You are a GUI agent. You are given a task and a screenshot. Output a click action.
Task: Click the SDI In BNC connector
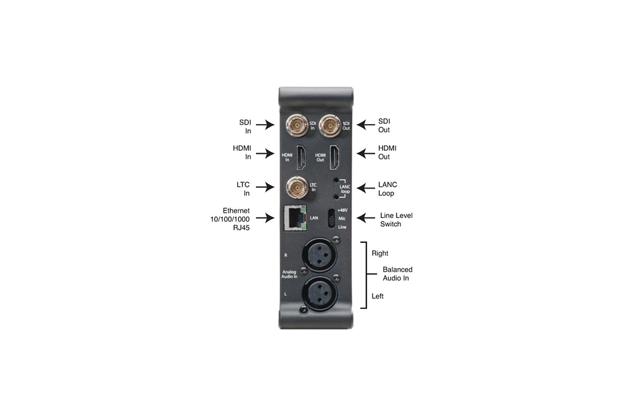[x=297, y=126]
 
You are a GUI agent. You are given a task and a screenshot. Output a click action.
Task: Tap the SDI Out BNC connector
[x=330, y=126]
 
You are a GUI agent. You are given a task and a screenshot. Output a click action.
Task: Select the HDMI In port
[x=301, y=157]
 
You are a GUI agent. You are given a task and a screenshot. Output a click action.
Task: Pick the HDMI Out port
[x=334, y=157]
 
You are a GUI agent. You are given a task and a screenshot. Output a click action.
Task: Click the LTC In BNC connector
[x=297, y=188]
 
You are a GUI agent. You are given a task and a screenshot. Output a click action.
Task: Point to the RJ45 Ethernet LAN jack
[x=295, y=218]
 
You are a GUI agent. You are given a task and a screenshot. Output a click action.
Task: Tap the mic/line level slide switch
[x=332, y=218]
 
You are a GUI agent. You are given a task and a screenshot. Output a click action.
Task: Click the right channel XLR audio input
[x=320, y=255]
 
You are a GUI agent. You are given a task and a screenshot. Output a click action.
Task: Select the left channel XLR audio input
[x=320, y=293]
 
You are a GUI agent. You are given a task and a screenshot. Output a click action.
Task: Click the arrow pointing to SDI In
[x=265, y=125]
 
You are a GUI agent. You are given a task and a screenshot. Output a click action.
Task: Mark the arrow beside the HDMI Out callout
[x=366, y=153]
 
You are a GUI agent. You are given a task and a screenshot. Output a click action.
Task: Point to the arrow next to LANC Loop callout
[x=366, y=188]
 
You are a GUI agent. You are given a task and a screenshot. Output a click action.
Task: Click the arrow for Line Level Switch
[x=366, y=218]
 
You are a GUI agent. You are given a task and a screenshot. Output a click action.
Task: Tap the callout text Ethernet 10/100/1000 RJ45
[x=230, y=219]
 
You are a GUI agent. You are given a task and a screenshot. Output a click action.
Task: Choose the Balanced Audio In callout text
[x=398, y=274]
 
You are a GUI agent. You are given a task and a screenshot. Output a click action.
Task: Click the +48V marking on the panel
[x=342, y=210]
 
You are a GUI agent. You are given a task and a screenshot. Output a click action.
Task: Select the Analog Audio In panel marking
[x=289, y=274]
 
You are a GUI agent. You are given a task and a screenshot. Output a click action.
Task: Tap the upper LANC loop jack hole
[x=336, y=180]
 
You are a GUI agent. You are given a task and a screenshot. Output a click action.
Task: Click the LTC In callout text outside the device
[x=243, y=189]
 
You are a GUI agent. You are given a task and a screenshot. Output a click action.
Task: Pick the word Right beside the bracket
[x=380, y=253]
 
